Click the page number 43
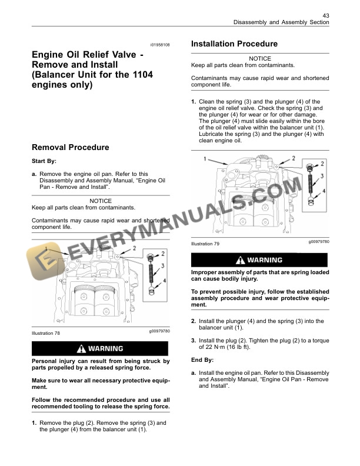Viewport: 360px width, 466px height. point(325,15)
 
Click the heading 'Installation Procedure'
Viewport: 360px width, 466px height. point(235,44)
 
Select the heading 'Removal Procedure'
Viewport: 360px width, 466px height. point(70,147)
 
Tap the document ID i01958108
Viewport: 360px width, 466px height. point(159,45)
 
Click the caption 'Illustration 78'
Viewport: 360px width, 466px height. point(46,333)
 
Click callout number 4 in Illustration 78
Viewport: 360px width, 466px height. point(164,281)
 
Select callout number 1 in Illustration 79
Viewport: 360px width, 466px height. point(204,159)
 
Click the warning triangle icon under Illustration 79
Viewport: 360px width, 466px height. point(240,260)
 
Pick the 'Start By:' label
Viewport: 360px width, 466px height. point(45,161)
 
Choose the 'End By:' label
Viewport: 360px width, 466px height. point(203,360)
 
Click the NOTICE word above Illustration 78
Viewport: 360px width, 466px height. point(100,201)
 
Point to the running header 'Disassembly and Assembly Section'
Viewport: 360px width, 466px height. point(281,22)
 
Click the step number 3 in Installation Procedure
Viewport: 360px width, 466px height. point(194,341)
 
